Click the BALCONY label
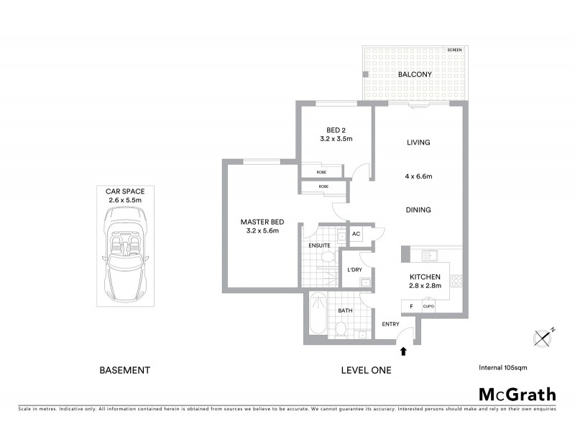[414, 74]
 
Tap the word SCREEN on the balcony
[454, 50]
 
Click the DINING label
[418, 210]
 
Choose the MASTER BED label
[259, 222]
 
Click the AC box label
[356, 235]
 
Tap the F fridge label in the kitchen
[411, 306]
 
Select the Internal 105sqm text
[503, 367]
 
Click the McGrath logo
[517, 394]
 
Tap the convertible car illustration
[126, 259]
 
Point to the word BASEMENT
[124, 370]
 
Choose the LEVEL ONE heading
[366, 370]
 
